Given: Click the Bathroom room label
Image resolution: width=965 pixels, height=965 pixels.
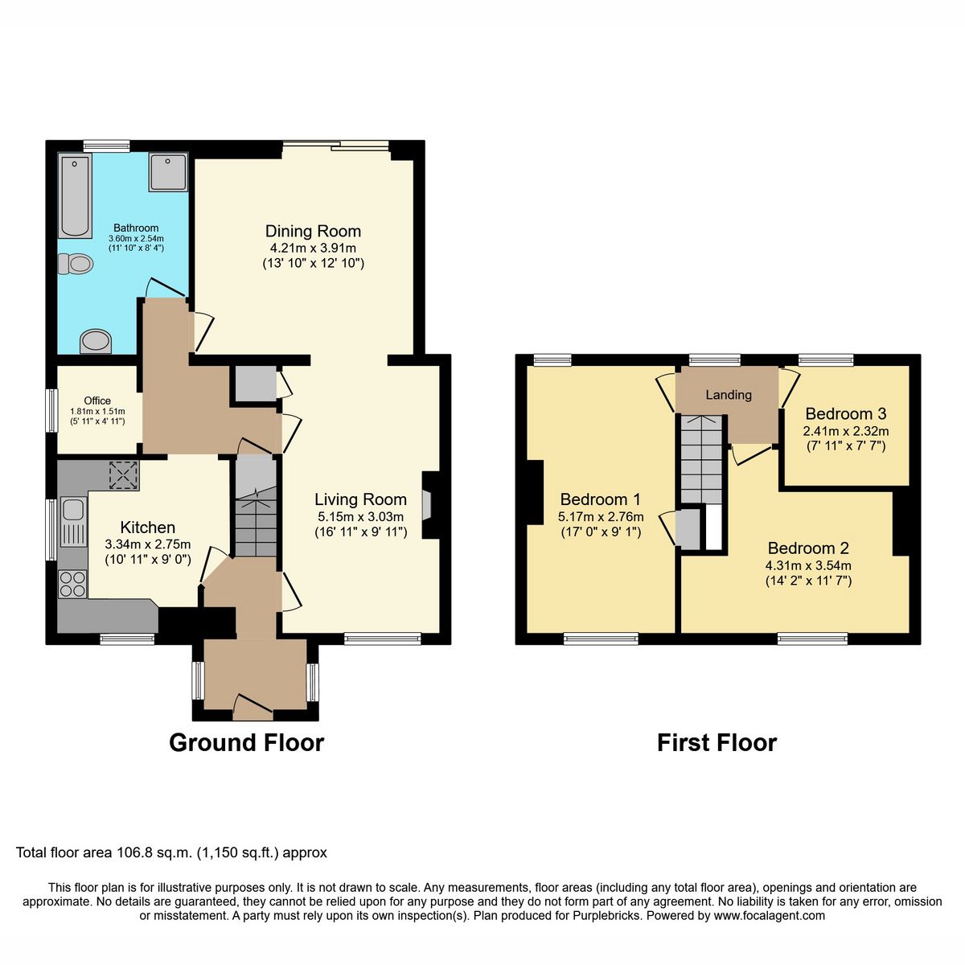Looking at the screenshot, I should [135, 228].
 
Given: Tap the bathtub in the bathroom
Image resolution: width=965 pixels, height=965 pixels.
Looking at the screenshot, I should [76, 196].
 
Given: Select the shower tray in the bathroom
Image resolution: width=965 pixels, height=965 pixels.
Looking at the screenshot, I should [167, 172].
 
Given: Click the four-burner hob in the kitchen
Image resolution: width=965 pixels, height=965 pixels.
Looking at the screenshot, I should [72, 583].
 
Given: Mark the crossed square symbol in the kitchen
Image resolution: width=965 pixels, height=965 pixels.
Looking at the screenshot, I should [124, 475].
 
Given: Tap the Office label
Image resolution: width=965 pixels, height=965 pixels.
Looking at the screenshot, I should [97, 400].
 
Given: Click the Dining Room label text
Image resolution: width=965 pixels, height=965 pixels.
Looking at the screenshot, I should [313, 232].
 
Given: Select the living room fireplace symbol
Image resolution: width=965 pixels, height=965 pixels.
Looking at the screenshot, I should [428, 504].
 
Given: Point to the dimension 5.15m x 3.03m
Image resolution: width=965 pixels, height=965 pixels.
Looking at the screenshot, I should [360, 516].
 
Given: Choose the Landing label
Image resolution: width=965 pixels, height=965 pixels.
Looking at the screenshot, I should [729, 395].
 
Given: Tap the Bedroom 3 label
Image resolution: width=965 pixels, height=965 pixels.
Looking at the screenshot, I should [845, 413].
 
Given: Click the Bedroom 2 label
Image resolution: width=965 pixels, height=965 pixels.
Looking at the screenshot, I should [808, 548].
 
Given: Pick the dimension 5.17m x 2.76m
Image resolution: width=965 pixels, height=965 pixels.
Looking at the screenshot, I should [600, 515].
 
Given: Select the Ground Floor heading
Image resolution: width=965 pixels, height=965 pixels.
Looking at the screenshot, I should [246, 742].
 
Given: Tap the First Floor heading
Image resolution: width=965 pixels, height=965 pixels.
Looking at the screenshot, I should [717, 742].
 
